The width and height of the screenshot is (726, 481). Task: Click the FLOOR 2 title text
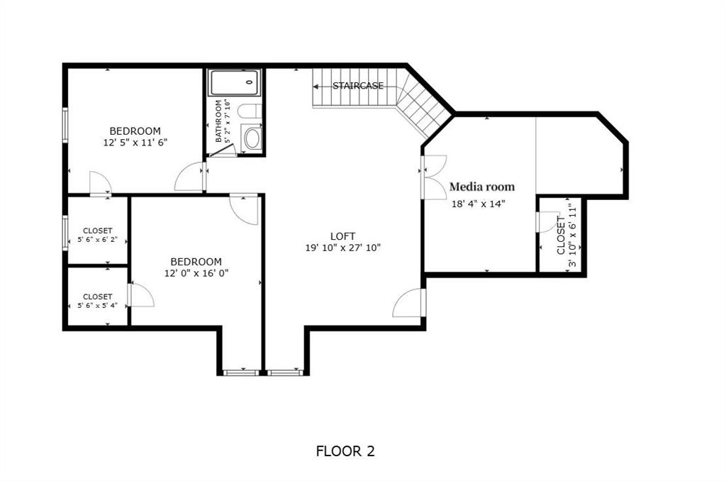(x=345, y=450)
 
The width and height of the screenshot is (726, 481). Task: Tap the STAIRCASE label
(x=358, y=86)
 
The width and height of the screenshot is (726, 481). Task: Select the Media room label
(x=482, y=187)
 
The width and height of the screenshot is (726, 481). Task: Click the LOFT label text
(x=342, y=236)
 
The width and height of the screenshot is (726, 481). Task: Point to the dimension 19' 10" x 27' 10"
(x=343, y=248)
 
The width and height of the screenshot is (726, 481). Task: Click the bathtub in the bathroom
(x=234, y=82)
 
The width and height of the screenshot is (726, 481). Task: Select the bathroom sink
(x=252, y=138)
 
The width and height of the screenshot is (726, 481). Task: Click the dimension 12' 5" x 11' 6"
(x=135, y=142)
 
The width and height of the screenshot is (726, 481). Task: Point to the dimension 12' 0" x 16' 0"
(x=196, y=272)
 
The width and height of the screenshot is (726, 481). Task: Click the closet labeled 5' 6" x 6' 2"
(x=97, y=235)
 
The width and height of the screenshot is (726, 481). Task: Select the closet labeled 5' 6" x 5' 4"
(x=97, y=301)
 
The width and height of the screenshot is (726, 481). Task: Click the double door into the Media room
(x=431, y=177)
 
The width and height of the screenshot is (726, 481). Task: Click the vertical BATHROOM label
(x=219, y=121)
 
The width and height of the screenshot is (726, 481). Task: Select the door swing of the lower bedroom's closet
(x=140, y=296)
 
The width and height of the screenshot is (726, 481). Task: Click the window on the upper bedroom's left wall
(x=65, y=126)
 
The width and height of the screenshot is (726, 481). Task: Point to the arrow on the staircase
(x=316, y=86)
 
